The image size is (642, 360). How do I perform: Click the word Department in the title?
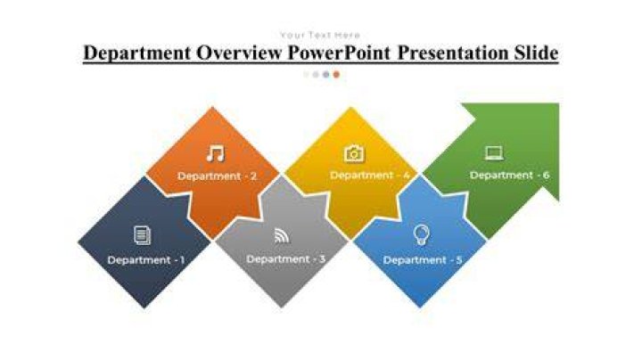pyautogui.click(x=137, y=53)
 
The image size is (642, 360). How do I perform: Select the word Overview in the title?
pyautogui.click(x=240, y=53)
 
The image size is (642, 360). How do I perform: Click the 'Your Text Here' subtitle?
pyautogui.click(x=320, y=35)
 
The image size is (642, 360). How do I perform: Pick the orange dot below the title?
pyautogui.click(x=336, y=75)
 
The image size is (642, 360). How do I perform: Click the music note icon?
pyautogui.click(x=216, y=153)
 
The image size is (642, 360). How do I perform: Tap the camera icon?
pyautogui.click(x=354, y=153)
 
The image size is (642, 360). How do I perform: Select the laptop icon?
pyautogui.click(x=494, y=153)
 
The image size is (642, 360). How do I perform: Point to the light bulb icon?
pyautogui.click(x=421, y=235)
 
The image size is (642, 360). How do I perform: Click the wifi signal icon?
pyautogui.click(x=282, y=235)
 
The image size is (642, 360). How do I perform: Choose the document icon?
pyautogui.click(x=142, y=235)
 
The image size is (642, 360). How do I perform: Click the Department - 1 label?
pyautogui.click(x=145, y=260)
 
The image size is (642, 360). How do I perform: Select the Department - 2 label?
pyautogui.click(x=217, y=176)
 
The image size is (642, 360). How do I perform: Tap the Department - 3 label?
pyautogui.click(x=286, y=259)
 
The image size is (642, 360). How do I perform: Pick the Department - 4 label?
pyautogui.click(x=370, y=175)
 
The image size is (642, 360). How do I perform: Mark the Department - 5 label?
pyautogui.click(x=423, y=260)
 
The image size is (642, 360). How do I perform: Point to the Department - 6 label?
pyautogui.click(x=509, y=175)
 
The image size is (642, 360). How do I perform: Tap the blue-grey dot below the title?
pyautogui.click(x=326, y=75)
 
